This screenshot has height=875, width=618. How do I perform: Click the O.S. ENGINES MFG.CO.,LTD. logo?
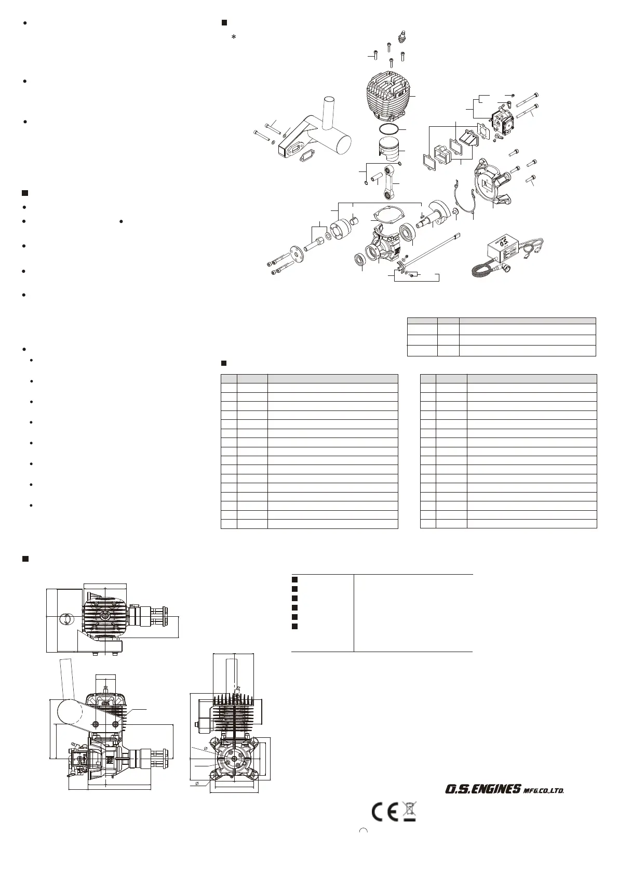point(504,789)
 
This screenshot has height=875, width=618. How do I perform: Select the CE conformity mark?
point(385,812)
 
